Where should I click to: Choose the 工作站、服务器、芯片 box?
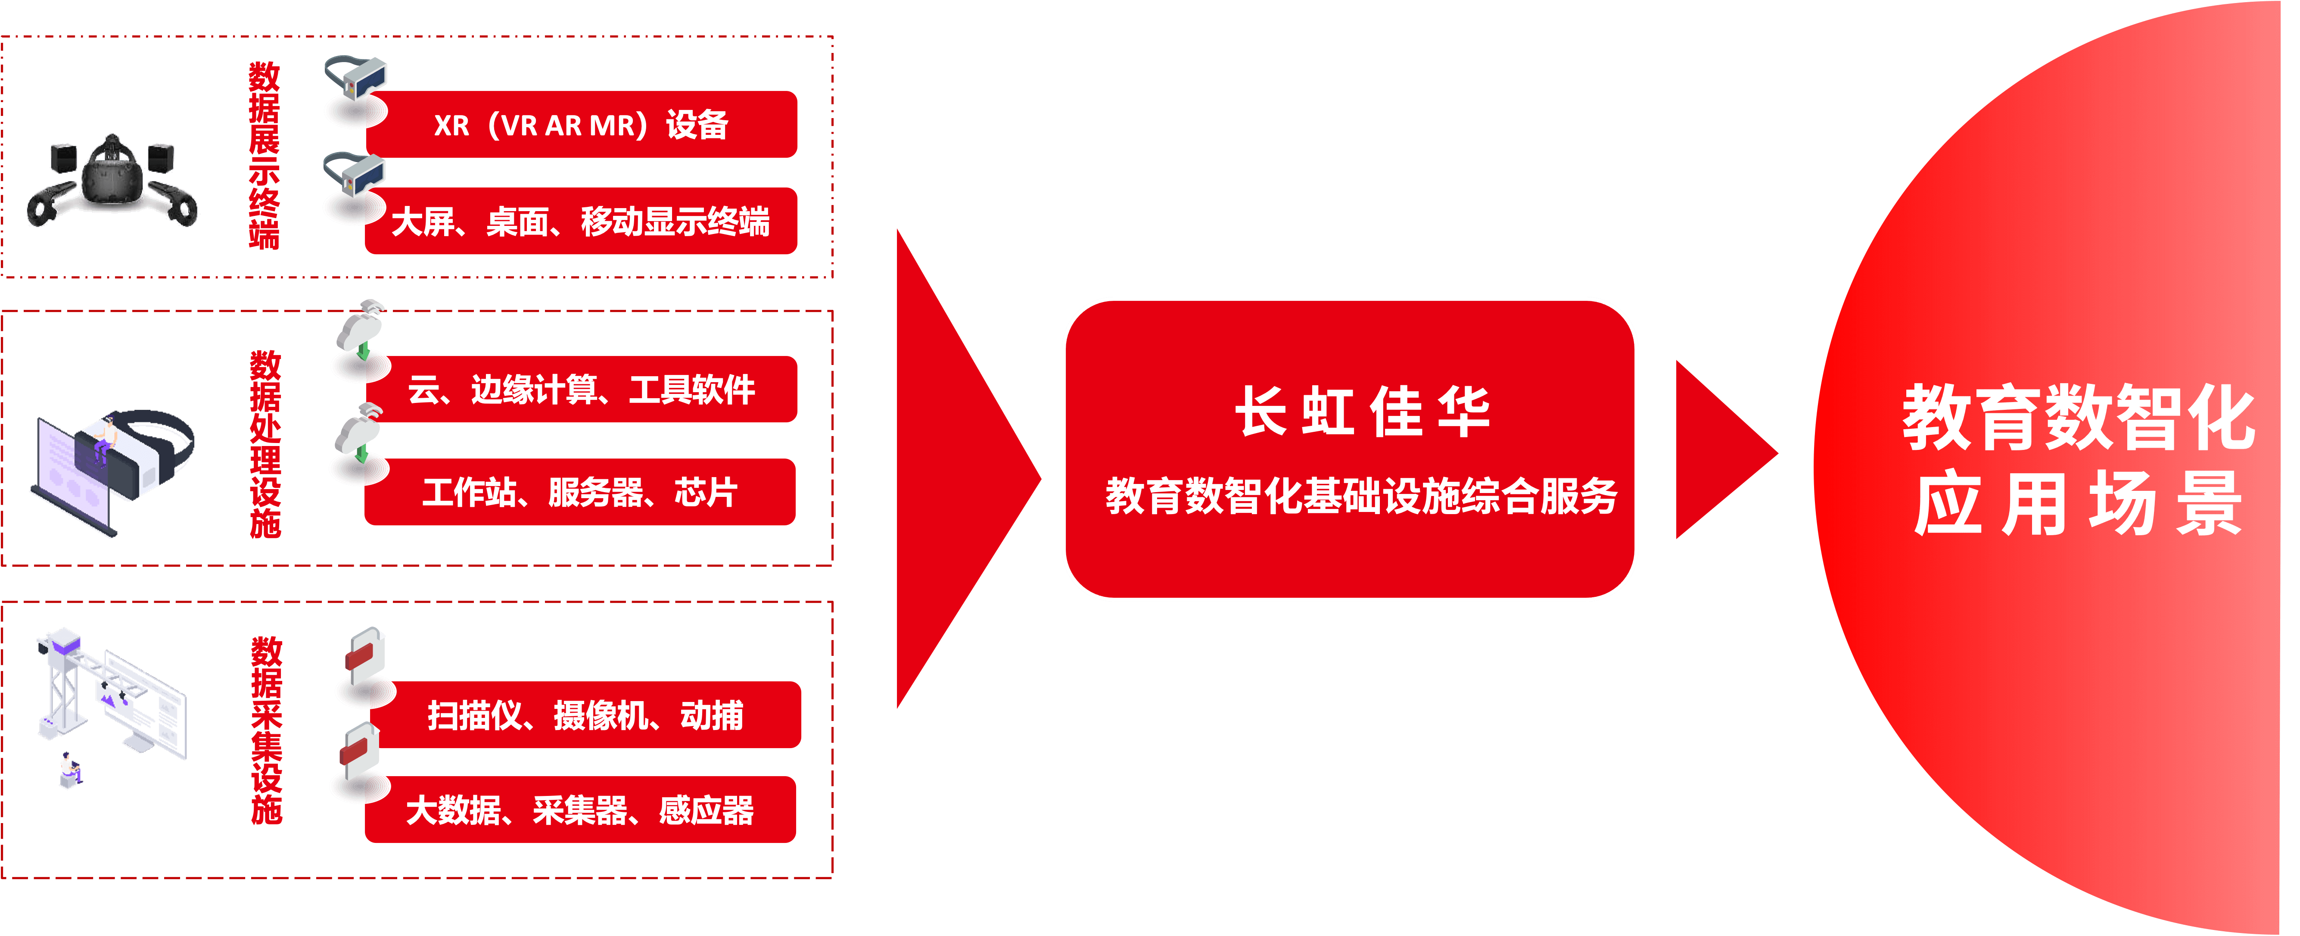click(580, 492)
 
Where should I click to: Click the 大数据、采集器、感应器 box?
click(580, 810)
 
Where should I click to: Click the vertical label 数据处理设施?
click(265, 444)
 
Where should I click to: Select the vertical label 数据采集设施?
click(266, 730)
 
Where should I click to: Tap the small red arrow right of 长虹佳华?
click(1719, 451)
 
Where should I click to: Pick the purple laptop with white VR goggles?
click(112, 469)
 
